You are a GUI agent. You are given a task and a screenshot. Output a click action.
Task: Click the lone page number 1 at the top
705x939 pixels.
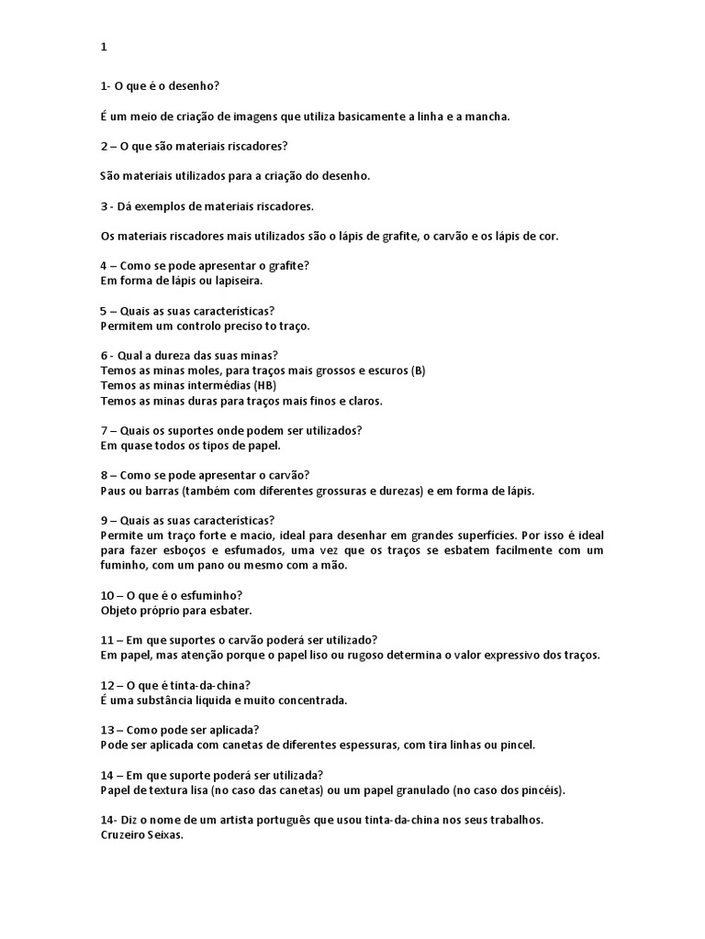coord(104,47)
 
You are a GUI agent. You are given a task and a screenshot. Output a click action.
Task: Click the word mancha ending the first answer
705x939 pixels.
coord(484,116)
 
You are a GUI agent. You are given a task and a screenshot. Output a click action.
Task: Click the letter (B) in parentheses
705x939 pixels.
coord(418,370)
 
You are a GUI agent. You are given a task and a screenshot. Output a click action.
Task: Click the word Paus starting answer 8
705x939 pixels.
coord(113,490)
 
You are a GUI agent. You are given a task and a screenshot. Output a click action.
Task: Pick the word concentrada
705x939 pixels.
coord(313,700)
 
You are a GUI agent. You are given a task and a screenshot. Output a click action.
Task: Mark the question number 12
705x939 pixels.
coord(107,685)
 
